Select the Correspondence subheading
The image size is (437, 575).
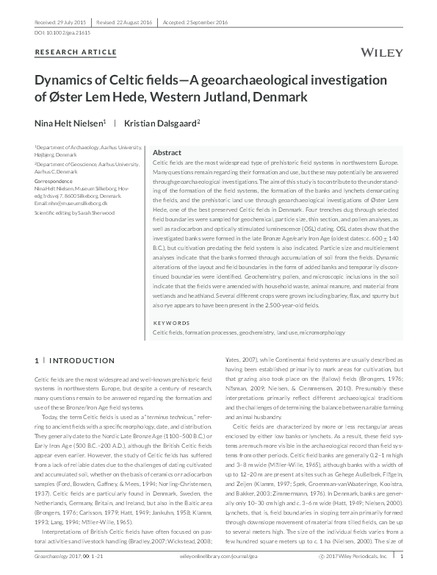55,180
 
